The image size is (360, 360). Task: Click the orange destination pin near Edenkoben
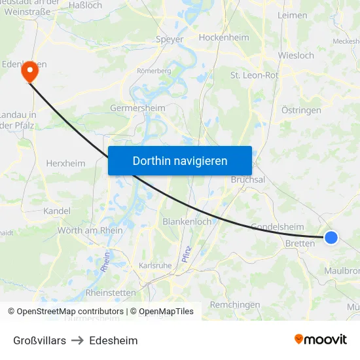pyautogui.click(x=29, y=71)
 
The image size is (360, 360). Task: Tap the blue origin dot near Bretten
pyautogui.click(x=331, y=238)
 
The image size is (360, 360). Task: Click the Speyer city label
pyautogui.click(x=170, y=39)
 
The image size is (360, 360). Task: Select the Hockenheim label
pyautogui.click(x=224, y=37)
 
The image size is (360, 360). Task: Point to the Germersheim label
pyautogui.click(x=137, y=107)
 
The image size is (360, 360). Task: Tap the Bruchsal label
pyautogui.click(x=248, y=179)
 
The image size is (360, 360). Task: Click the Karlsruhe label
pyautogui.click(x=155, y=266)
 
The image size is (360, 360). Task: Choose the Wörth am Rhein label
pyautogui.click(x=90, y=230)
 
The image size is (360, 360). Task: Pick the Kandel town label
pyautogui.click(x=56, y=211)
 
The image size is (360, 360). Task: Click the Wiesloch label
pyautogui.click(x=296, y=56)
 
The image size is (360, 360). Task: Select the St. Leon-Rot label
pyautogui.click(x=255, y=75)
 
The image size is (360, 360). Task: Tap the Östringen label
pyautogui.click(x=301, y=110)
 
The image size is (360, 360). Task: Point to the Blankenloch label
pyautogui.click(x=187, y=221)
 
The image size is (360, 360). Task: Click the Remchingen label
pyautogui.click(x=235, y=304)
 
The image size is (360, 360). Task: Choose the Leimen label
pyautogui.click(x=292, y=14)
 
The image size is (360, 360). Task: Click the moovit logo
pyautogui.click(x=321, y=339)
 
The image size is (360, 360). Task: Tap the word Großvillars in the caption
pyautogui.click(x=39, y=340)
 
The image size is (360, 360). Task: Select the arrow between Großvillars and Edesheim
pyautogui.click(x=77, y=340)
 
